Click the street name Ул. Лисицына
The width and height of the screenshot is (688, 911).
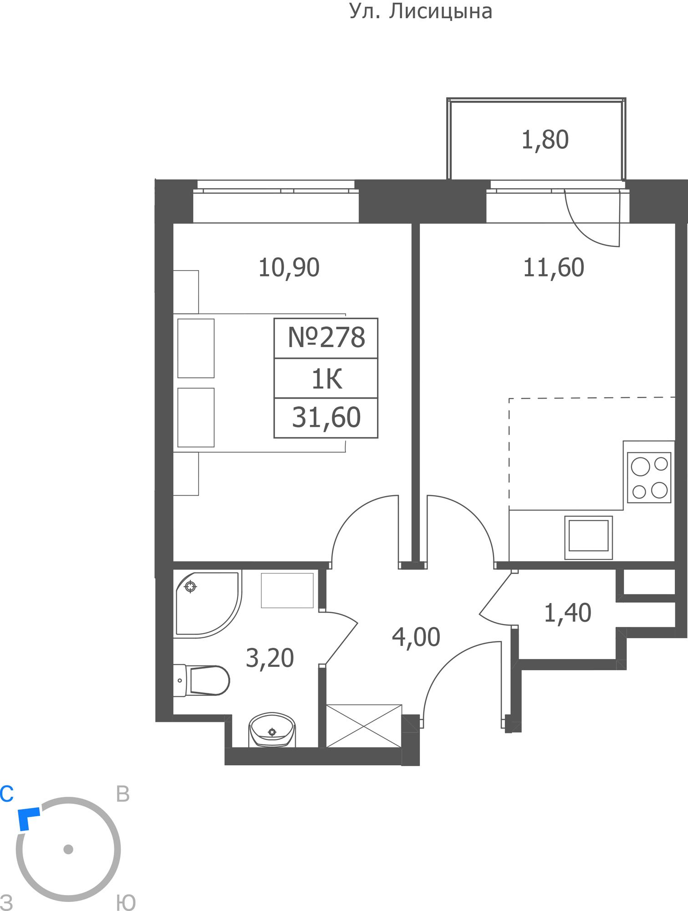421,11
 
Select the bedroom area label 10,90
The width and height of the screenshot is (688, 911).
289,267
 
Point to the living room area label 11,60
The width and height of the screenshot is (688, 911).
553,267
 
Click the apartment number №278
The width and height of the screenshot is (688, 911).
326,338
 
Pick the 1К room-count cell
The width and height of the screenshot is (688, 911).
326,379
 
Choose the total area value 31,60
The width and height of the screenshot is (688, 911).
326,418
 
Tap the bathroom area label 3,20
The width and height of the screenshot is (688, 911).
270,658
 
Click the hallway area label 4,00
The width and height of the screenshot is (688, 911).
416,637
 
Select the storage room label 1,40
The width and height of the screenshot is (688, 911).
567,613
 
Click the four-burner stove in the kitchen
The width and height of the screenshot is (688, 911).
649,477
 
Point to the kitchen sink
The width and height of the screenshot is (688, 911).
588,537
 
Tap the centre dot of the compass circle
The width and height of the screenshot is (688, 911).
68,849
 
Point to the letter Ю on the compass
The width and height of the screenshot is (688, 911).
126,902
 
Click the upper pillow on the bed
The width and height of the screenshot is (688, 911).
196,348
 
